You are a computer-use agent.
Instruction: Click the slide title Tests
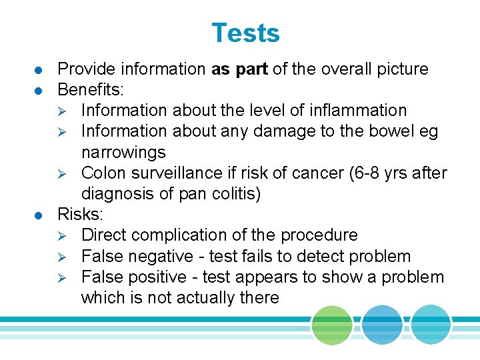point(245,33)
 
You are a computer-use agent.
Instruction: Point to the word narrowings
point(123,152)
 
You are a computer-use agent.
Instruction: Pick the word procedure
point(319,235)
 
